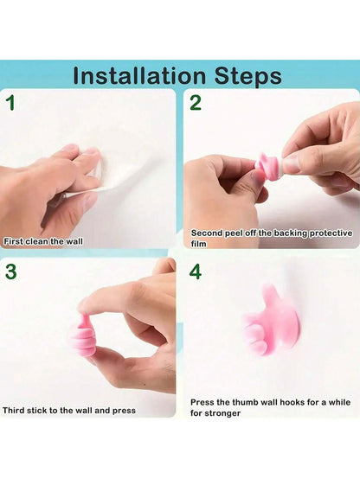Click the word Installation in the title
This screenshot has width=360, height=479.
tap(139, 76)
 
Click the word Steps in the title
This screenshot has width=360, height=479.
tap(247, 76)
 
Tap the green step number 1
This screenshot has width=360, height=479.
tap(11, 103)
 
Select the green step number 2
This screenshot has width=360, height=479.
tap(196, 103)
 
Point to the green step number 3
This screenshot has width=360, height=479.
tap(11, 271)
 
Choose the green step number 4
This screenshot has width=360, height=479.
tap(196, 271)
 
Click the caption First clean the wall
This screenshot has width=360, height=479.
tap(43, 241)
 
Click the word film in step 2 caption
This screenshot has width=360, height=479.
tap(199, 244)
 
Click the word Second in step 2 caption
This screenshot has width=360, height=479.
tap(207, 233)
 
